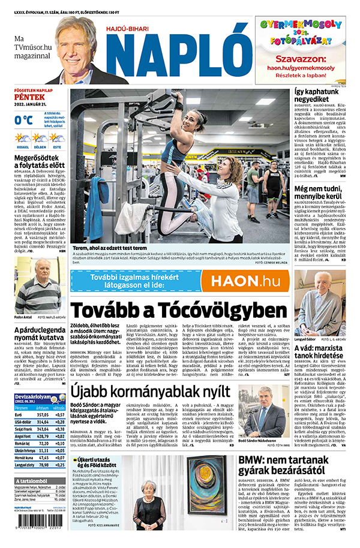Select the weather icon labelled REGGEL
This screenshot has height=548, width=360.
[x=23, y=138]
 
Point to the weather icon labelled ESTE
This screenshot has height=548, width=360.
[x=56, y=138]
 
